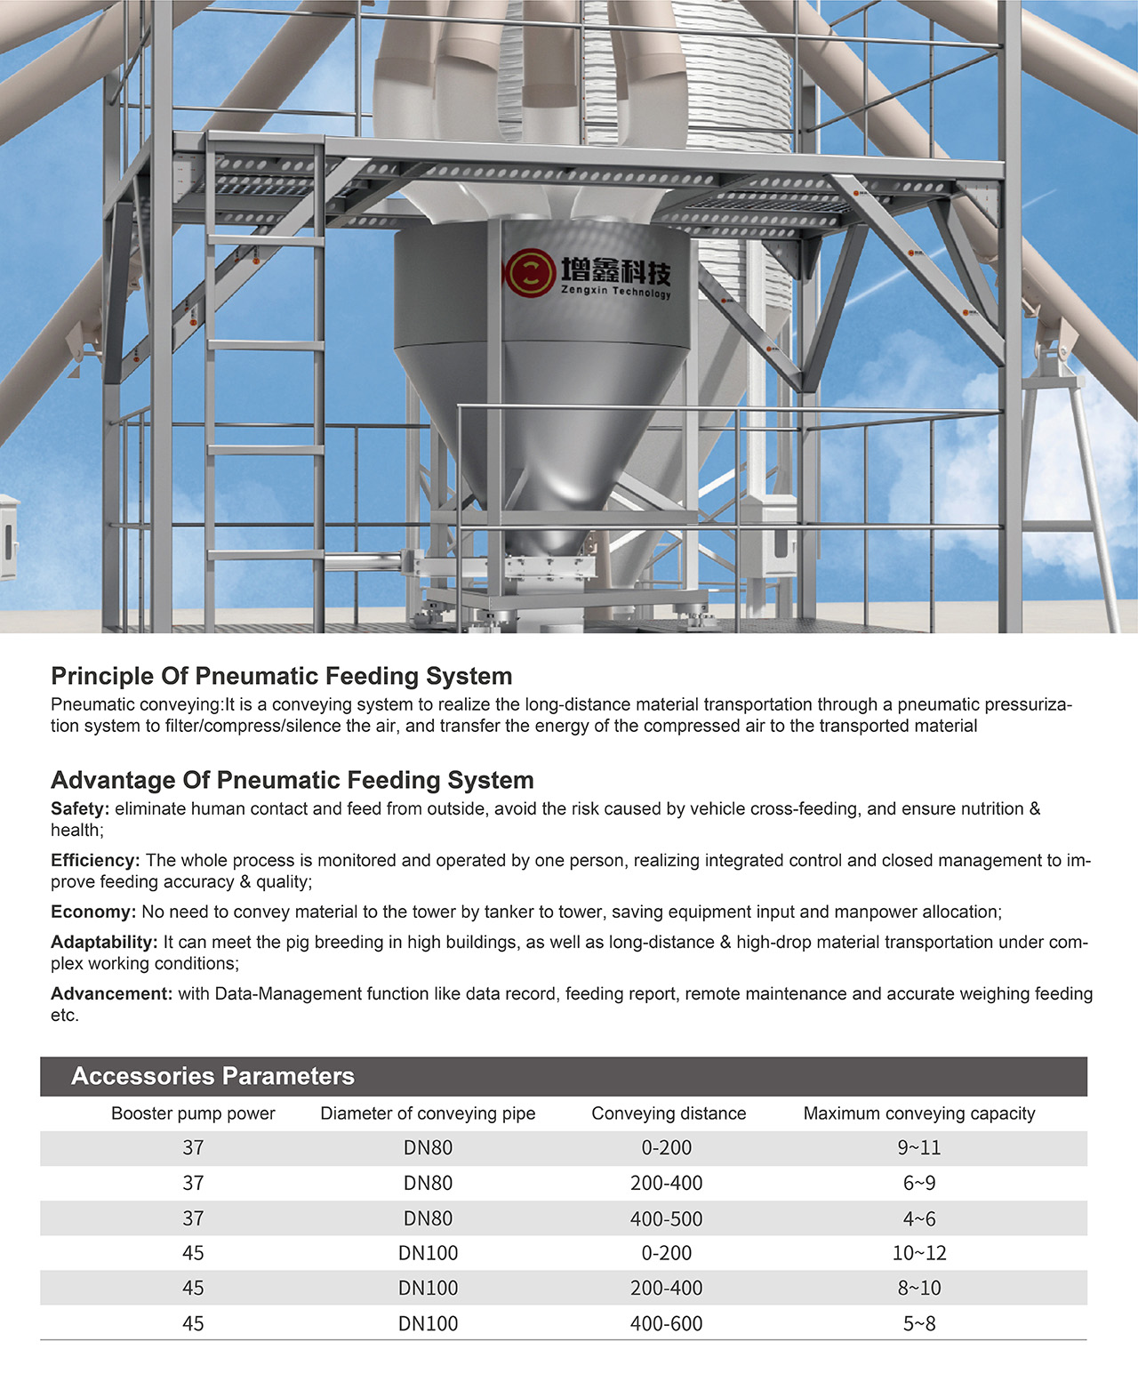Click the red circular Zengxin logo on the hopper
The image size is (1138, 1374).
click(x=531, y=272)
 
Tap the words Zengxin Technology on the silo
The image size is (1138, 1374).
click(x=615, y=291)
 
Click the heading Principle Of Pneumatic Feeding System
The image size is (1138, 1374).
click(x=281, y=676)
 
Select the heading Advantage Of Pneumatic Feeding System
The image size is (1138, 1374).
click(x=292, y=780)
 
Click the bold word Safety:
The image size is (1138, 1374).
click(x=80, y=808)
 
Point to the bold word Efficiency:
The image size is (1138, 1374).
click(x=95, y=860)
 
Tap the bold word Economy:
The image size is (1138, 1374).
click(x=92, y=912)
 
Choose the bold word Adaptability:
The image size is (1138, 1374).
click(x=104, y=942)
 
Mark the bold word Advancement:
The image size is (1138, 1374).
click(x=111, y=993)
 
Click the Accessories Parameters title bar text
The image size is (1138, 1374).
click(x=212, y=1076)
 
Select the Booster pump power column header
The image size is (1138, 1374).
click(x=193, y=1113)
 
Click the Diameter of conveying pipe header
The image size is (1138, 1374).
click(x=428, y=1113)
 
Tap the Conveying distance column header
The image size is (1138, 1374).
click(x=669, y=1113)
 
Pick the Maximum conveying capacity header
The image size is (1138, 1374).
click(x=919, y=1113)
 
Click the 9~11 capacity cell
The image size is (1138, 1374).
click(x=919, y=1148)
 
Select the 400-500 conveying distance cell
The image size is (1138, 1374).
click(x=666, y=1218)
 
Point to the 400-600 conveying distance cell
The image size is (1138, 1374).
click(x=666, y=1323)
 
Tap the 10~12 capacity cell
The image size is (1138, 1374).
click(x=919, y=1253)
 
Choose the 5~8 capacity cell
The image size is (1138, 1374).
click(x=919, y=1323)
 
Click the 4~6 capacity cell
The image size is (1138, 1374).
click(x=919, y=1218)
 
